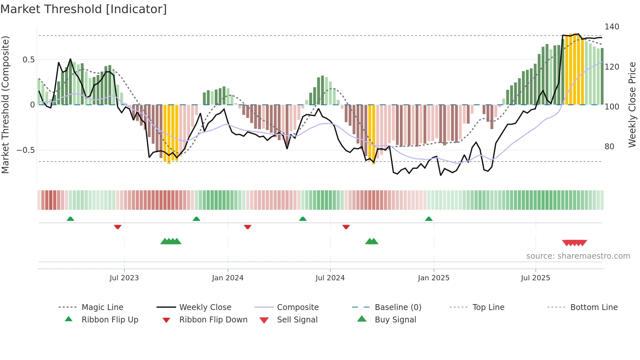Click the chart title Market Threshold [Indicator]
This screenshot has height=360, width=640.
coord(84,9)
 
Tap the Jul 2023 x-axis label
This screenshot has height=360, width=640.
coord(124,278)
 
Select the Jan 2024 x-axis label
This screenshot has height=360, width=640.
coord(228,278)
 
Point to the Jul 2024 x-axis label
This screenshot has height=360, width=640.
coord(330,278)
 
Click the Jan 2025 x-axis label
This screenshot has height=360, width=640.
coord(434,278)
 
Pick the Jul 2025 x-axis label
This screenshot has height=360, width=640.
coord(536,278)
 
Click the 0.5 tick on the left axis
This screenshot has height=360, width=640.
coord(28,60)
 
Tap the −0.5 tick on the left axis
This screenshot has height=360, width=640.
coord(26,150)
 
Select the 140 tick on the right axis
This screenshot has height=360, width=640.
coord(612,27)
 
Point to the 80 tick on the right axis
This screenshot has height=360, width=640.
coord(609,147)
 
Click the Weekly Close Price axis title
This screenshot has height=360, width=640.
coord(632,105)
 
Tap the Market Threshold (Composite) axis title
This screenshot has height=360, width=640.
coord(5,105)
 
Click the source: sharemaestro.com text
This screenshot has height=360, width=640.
coord(578,256)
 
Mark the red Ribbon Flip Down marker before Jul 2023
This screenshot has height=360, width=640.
coord(118,227)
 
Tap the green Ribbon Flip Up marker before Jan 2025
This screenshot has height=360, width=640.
coord(429,219)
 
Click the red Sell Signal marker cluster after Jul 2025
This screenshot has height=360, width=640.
coord(574,243)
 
